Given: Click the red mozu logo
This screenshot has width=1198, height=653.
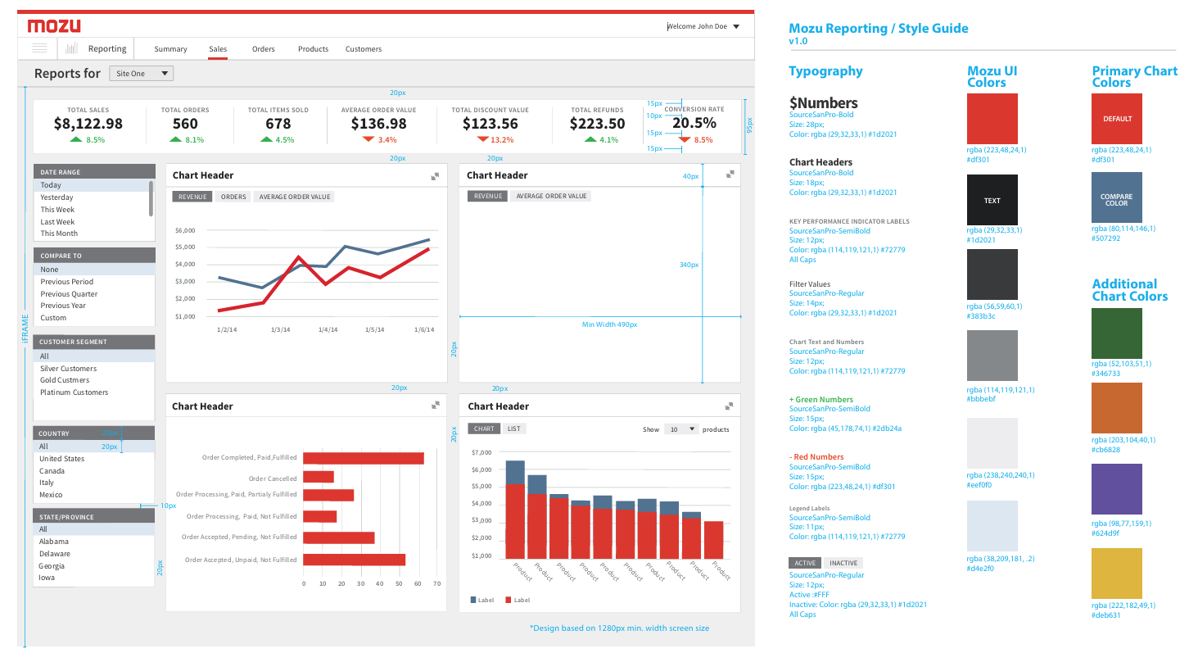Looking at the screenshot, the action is click(x=54, y=25).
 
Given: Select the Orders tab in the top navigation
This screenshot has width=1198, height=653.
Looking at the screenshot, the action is click(x=263, y=48).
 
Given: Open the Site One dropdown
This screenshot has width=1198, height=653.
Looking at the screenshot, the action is click(x=141, y=73).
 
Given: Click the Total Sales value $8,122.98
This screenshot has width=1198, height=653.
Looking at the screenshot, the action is click(x=88, y=124).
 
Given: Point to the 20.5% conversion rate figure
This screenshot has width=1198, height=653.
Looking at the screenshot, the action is click(x=694, y=123).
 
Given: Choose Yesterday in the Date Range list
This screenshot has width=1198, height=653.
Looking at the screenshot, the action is click(x=57, y=197).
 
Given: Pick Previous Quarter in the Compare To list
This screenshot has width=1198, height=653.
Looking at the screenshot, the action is click(x=69, y=294).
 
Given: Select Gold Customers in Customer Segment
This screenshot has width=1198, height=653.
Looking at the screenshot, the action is click(x=65, y=380).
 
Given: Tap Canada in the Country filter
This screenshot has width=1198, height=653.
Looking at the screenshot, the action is click(x=52, y=471).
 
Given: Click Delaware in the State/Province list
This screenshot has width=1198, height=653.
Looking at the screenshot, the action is click(x=55, y=553).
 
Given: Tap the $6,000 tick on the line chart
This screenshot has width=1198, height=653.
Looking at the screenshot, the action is click(x=185, y=231).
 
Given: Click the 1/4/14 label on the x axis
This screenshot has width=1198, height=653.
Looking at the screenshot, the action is click(x=328, y=329).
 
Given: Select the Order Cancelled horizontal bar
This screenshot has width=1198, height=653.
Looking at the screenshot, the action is click(x=319, y=477).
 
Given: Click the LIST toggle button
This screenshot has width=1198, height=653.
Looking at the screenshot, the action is click(x=514, y=429).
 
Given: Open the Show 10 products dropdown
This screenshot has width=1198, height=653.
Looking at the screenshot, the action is click(x=680, y=429).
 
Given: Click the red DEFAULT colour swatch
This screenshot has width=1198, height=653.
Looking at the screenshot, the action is click(x=1117, y=119).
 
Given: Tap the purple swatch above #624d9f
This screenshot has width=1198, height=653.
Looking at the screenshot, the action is click(x=1117, y=489).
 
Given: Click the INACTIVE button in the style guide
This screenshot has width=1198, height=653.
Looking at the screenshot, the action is click(x=843, y=563).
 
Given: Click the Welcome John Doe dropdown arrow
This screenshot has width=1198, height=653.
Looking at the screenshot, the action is click(x=736, y=27).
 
